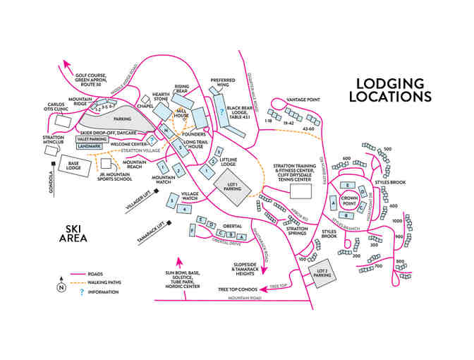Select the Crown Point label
click(x=350, y=199)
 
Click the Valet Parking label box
click(x=91, y=139)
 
